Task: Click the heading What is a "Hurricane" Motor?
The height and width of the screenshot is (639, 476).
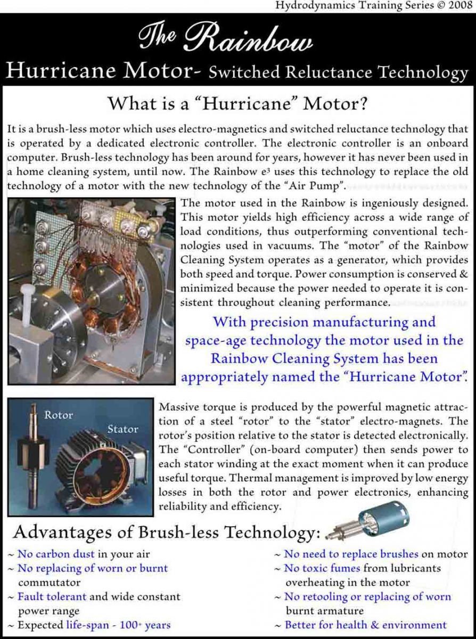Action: pos(237,103)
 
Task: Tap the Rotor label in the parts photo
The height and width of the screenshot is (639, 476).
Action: pos(58,415)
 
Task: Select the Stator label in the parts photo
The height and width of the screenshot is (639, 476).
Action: pos(122,429)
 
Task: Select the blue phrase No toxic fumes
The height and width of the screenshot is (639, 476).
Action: pos(322,569)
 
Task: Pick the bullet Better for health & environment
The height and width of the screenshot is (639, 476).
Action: pos(366,625)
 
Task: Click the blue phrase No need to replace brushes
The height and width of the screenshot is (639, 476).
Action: pos(351,554)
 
